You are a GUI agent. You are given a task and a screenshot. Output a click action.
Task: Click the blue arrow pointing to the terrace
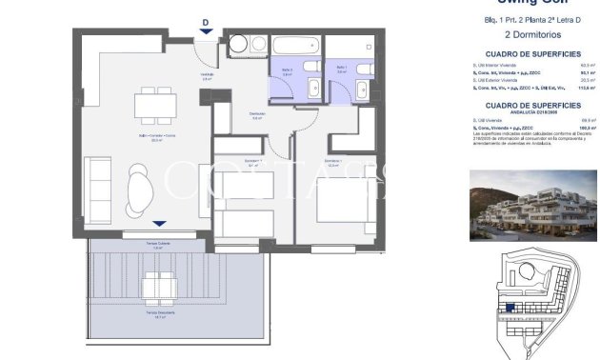pos(158,225)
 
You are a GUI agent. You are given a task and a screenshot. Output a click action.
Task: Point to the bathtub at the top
pos(296,44)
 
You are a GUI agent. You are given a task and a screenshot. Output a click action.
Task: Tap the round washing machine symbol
pos(235,44)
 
